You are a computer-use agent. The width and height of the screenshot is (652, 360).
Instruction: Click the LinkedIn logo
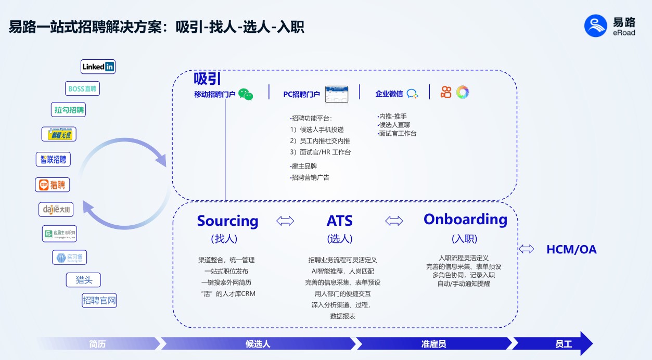(98, 67)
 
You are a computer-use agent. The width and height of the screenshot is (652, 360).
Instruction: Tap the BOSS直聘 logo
(82, 88)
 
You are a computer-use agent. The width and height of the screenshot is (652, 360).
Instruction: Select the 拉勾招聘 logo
(69, 110)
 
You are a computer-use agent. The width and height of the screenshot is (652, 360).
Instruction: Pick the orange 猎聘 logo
(52, 184)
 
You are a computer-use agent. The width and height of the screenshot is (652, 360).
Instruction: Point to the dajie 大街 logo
(56, 210)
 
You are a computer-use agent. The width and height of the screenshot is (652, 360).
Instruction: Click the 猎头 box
(83, 280)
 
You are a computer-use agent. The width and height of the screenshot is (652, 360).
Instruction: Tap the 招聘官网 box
(99, 300)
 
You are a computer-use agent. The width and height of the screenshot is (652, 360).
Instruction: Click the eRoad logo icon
(596, 25)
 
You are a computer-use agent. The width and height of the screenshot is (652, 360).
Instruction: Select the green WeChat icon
(246, 94)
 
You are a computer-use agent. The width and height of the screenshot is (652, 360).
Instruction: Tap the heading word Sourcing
(227, 221)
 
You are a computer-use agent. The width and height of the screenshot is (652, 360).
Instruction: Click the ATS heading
(339, 221)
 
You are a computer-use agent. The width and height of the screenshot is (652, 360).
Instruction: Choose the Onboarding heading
(465, 220)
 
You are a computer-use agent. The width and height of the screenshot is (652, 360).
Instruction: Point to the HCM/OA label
(571, 250)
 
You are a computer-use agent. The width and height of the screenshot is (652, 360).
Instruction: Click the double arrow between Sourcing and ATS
(285, 222)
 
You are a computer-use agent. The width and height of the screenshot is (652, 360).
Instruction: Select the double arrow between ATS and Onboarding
(394, 221)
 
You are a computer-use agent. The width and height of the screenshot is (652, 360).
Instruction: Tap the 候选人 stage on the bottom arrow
(258, 344)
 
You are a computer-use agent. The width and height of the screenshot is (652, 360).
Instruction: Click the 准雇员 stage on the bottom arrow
(433, 344)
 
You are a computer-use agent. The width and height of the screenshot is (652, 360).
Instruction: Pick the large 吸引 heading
(207, 79)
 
